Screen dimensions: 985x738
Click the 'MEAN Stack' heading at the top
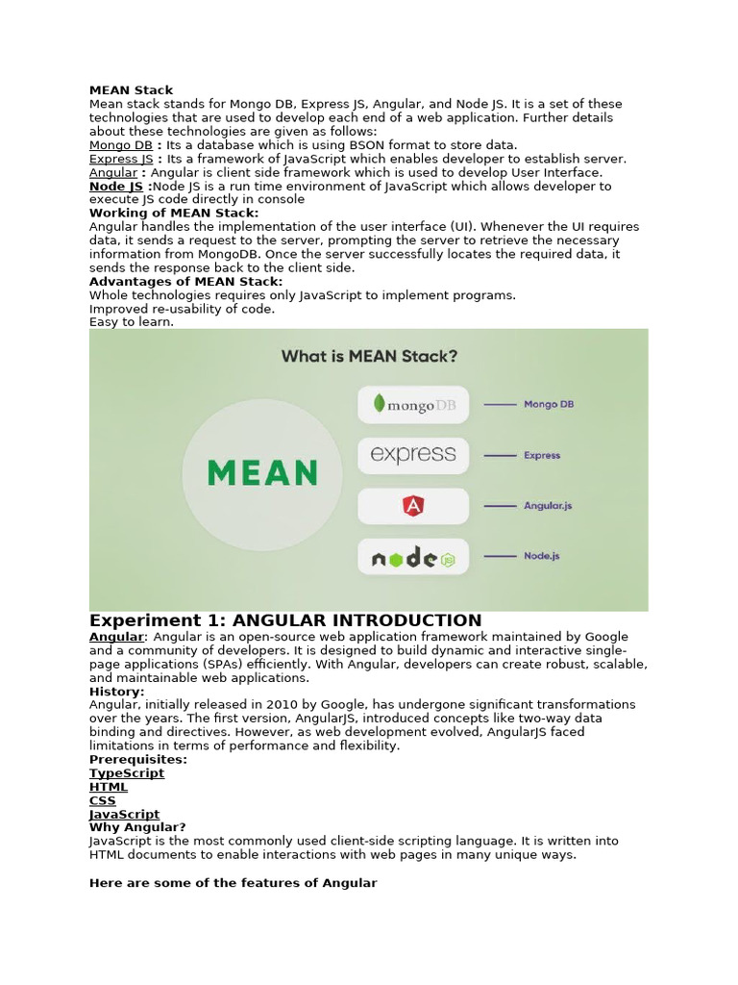pyautogui.click(x=131, y=90)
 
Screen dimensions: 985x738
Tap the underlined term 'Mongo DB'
pyautogui.click(x=120, y=145)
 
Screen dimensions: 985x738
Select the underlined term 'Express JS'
pyautogui.click(x=121, y=159)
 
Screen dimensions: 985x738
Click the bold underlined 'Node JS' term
pyautogui.click(x=116, y=187)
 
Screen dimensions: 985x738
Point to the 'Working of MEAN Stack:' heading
pyautogui.click(x=173, y=214)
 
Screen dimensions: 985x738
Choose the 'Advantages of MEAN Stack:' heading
pyautogui.click(x=185, y=282)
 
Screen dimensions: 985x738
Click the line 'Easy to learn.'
pyautogui.click(x=132, y=322)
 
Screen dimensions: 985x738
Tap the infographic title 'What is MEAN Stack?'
pyautogui.click(x=369, y=357)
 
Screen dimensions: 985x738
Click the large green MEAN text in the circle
pyautogui.click(x=262, y=473)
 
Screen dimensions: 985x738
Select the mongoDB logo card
pyautogui.click(x=413, y=405)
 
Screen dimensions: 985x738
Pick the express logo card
pyautogui.click(x=413, y=455)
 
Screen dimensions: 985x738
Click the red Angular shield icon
pyautogui.click(x=413, y=506)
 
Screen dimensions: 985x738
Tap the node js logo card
pyautogui.click(x=413, y=557)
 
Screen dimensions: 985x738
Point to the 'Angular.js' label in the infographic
pyautogui.click(x=548, y=506)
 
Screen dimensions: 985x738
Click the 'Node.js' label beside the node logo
pyautogui.click(x=542, y=556)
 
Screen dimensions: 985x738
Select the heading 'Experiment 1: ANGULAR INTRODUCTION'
pyautogui.click(x=285, y=620)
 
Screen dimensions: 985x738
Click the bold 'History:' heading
pyautogui.click(x=117, y=692)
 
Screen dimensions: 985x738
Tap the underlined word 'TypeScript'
pyautogui.click(x=127, y=773)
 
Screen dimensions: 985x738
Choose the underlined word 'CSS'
pyautogui.click(x=103, y=800)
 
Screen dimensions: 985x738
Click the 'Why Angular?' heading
pyautogui.click(x=137, y=827)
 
